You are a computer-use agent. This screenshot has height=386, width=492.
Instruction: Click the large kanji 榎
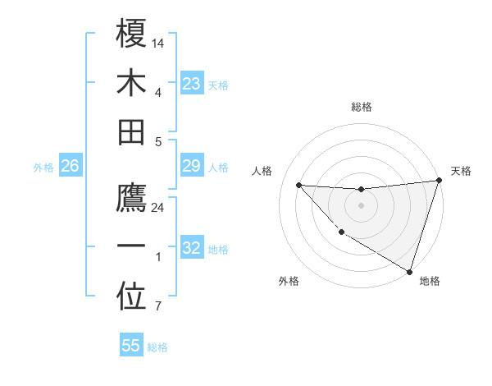point(131,34)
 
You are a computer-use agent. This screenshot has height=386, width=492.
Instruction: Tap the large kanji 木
point(131,82)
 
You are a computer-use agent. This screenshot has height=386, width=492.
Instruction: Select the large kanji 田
point(131,131)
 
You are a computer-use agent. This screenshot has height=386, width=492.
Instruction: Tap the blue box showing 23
point(191,84)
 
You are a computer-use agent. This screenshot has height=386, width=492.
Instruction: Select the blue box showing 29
point(191,167)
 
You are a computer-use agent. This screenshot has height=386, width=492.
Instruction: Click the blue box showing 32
point(191,248)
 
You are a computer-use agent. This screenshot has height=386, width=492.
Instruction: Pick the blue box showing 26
point(70,167)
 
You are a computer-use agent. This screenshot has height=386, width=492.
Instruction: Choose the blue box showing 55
point(131,346)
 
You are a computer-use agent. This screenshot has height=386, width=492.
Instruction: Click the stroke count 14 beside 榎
point(158,43)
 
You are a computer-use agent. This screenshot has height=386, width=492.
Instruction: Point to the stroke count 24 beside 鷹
point(158,208)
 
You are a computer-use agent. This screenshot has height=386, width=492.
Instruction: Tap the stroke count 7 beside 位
point(158,307)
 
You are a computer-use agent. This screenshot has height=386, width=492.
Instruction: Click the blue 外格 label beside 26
point(43,168)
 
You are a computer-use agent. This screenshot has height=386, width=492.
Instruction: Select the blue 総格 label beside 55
point(157,347)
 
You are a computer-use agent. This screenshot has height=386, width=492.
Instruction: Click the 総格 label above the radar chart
point(361,107)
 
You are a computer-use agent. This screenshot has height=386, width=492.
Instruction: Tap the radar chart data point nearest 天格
point(439,181)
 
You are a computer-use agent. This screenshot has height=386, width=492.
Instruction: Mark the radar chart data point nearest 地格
point(409,272)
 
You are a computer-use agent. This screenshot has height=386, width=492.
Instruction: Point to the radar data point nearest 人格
point(298,185)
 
